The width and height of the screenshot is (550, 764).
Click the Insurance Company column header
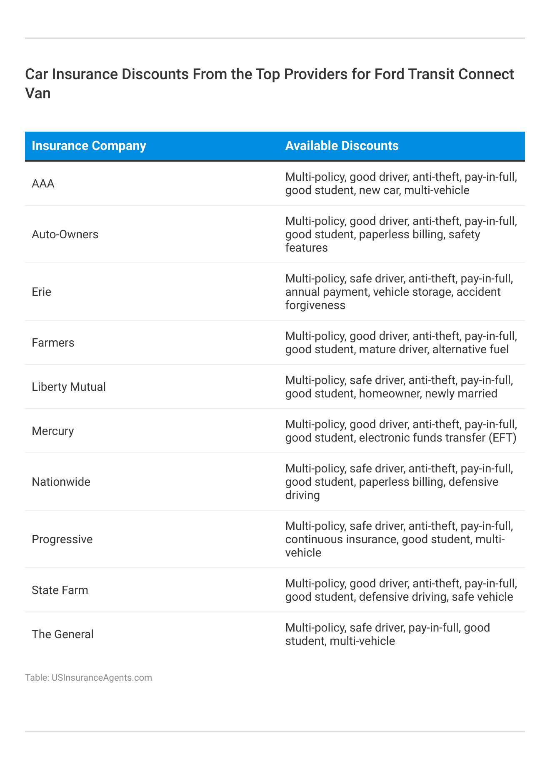point(89,146)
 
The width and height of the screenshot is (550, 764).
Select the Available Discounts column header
point(342,146)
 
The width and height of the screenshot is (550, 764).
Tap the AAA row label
point(43,183)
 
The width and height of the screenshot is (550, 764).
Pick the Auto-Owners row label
point(65,234)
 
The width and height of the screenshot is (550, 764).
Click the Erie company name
point(41,292)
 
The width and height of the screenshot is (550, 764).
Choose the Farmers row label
point(53,342)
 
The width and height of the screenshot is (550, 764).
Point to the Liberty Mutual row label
point(69,387)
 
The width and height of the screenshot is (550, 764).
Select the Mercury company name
point(52,431)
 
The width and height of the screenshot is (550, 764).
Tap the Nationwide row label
point(61,482)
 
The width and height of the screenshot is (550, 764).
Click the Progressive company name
point(62,539)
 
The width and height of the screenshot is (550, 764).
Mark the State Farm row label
point(60,590)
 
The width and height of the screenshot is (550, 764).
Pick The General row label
point(62,634)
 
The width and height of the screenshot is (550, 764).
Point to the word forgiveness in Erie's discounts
point(315,305)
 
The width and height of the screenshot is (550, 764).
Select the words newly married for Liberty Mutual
point(461,394)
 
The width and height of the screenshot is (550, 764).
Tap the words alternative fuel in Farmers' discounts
point(470,350)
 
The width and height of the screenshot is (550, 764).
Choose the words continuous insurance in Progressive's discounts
point(340,539)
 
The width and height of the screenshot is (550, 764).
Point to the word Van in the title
point(38,93)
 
